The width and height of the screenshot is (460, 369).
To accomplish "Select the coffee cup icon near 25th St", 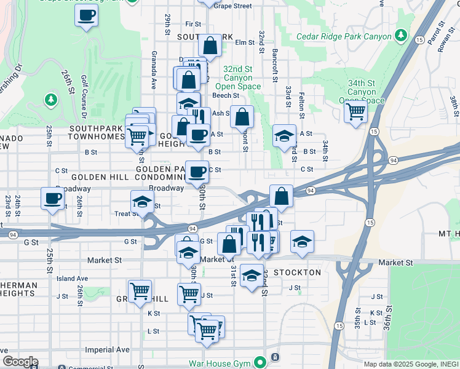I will coord(52,199).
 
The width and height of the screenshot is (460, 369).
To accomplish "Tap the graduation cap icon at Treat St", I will coord(142,202).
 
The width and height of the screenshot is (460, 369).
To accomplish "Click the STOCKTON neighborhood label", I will coord(297,272).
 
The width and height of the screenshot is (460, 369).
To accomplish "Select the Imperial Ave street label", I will coord(108,349).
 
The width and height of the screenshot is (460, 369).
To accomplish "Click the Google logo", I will coord(20,362).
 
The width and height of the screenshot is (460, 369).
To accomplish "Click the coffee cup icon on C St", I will coord(197,172).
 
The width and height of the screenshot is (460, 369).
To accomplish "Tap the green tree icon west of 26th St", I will coord(50,99).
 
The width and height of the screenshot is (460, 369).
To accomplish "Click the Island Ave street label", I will coord(72,278).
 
